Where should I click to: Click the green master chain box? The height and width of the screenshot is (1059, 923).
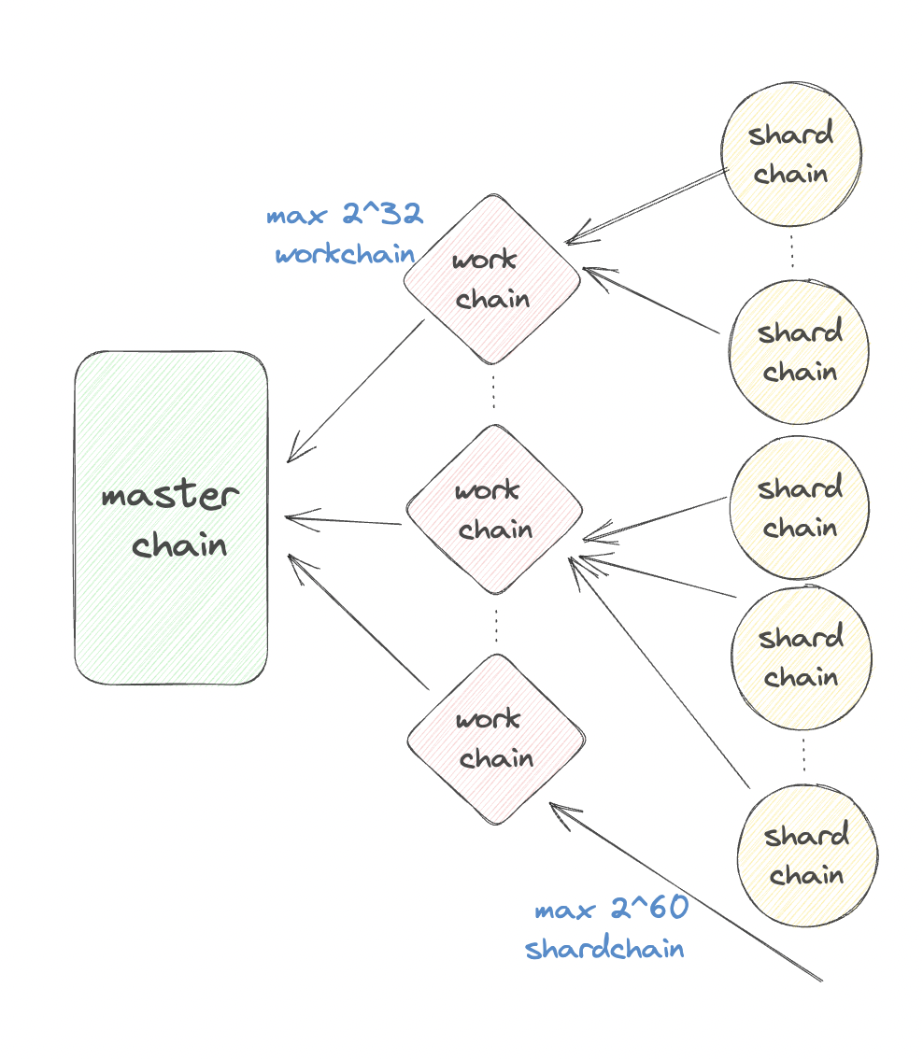tap(171, 518)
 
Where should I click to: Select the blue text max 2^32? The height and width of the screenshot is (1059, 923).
tap(345, 216)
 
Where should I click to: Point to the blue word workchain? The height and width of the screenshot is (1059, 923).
tap(345, 254)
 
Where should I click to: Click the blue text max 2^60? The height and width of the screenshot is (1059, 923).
tap(611, 911)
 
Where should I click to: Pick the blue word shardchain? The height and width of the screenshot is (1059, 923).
tap(604, 950)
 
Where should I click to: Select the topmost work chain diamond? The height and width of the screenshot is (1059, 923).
tap(492, 279)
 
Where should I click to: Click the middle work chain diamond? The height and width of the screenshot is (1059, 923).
tap(494, 510)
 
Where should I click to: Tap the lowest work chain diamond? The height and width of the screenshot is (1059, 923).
tap(496, 740)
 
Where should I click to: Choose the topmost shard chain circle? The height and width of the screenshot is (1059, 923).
tap(791, 154)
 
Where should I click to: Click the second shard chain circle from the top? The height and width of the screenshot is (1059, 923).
tap(800, 352)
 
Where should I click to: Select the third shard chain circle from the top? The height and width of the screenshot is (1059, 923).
tap(800, 508)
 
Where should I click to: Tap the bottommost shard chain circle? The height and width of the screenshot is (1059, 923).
tap(806, 854)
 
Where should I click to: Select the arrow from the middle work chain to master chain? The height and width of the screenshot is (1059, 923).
tap(344, 519)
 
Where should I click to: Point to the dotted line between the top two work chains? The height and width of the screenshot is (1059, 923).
tap(494, 394)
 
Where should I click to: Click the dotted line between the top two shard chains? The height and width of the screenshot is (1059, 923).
tap(793, 251)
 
